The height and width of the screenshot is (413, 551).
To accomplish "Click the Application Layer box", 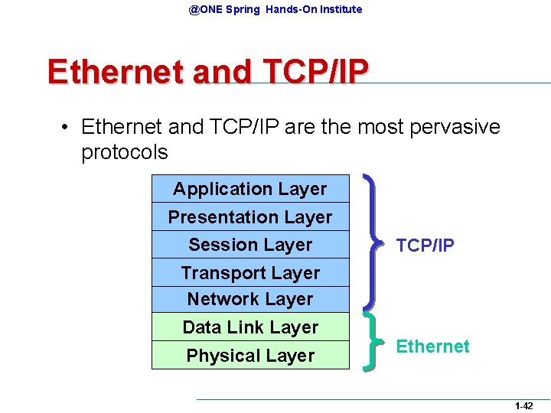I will pyautogui.click(x=250, y=189).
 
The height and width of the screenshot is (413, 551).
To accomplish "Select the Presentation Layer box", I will pyautogui.click(x=250, y=217).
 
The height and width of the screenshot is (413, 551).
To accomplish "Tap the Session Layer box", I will pyautogui.click(x=250, y=245).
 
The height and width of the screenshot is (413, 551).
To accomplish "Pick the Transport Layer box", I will pyautogui.click(x=250, y=273).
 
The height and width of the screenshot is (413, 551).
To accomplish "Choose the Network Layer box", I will pyautogui.click(x=250, y=299).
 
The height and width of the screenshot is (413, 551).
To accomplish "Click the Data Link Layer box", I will pyautogui.click(x=250, y=327).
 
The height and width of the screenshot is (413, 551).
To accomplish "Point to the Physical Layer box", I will pyautogui.click(x=250, y=356).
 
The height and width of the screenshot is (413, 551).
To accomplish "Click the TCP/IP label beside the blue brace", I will pyautogui.click(x=425, y=246).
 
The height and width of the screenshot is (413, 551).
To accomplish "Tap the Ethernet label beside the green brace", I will pyautogui.click(x=432, y=346).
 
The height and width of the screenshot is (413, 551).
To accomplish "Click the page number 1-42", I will pyautogui.click(x=524, y=406).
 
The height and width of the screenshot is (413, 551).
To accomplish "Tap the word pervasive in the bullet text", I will pyautogui.click(x=455, y=126).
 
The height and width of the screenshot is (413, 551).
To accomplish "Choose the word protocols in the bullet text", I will pyautogui.click(x=124, y=152).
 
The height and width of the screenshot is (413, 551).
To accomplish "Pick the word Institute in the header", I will pyautogui.click(x=337, y=9).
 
